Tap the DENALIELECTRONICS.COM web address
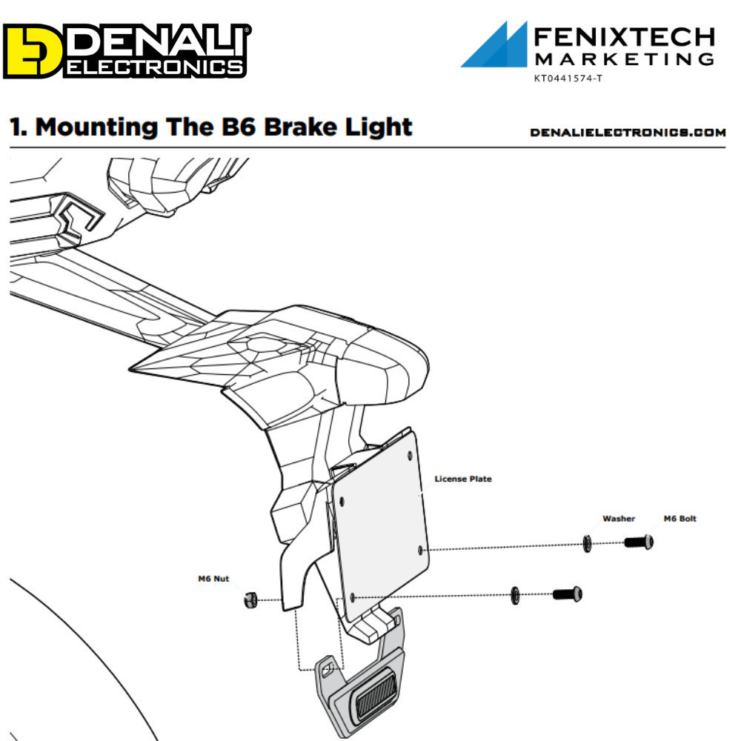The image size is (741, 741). point(628,133)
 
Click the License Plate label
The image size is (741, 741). point(462,479)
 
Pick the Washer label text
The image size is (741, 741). point(619,519)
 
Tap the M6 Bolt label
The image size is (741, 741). point(679,519)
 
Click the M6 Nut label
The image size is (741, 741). point(213,579)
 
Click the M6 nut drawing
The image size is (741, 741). point(250,599)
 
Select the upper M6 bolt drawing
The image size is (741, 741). point(639,542)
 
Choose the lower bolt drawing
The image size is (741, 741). point(568,594)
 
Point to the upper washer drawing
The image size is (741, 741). point(588,545)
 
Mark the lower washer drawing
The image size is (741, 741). point(515,595)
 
